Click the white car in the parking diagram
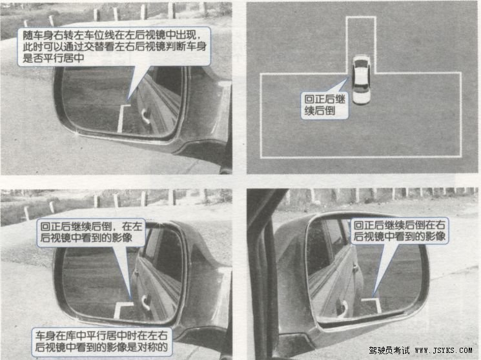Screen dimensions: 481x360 coord(361,80)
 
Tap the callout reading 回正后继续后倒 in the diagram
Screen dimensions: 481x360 coord(325,105)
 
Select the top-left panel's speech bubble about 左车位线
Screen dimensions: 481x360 coord(114,46)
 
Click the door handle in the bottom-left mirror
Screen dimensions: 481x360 coord(145,302)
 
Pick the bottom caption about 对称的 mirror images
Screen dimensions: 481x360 coord(101,341)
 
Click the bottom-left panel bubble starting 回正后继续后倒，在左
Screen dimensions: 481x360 coord(91,232)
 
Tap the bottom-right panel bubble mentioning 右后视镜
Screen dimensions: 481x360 coord(400,230)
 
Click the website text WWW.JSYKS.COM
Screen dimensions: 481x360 coord(444,350)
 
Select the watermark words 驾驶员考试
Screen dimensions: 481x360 coord(389,350)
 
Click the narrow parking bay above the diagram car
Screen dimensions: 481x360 coord(361,37)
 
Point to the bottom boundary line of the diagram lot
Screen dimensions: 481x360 coord(361,157)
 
